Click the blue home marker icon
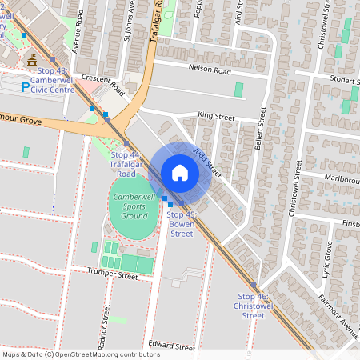coord(180,172)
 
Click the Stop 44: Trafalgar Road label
coord(125,163)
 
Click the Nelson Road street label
coord(209,70)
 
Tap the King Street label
coord(216,117)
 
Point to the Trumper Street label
coord(111,274)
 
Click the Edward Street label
coord(171,347)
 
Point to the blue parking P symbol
coord(26,82)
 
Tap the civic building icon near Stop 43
coord(31,61)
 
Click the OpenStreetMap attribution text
coord(81,354)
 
